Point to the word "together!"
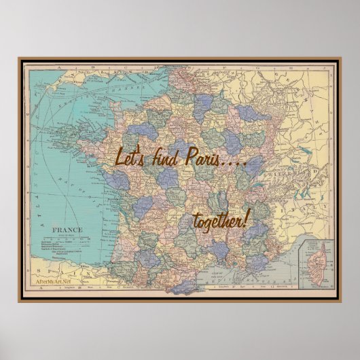[221, 220]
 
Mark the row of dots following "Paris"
[234, 162]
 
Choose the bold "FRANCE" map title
[69, 230]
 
